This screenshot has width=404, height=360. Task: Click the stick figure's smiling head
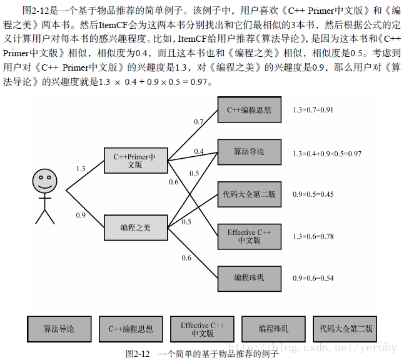tap(44, 181)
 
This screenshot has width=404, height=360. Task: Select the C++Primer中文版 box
tap(135, 161)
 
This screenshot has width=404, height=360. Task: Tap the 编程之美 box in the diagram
tap(135, 227)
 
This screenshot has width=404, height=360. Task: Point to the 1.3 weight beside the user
tap(81, 169)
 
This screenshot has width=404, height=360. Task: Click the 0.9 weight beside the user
tap(81, 216)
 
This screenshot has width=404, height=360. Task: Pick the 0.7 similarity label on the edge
tap(199, 122)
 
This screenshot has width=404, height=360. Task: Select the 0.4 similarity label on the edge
tap(199, 152)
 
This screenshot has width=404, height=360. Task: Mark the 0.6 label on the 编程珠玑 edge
tap(186, 258)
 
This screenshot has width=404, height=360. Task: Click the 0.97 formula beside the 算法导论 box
tap(327, 153)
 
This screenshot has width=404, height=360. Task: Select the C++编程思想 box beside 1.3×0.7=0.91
tap(249, 110)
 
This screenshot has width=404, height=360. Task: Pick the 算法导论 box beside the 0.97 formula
tap(249, 152)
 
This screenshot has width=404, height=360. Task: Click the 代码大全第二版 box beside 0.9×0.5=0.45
tap(249, 194)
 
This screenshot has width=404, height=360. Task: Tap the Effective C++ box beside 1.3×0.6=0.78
tap(249, 236)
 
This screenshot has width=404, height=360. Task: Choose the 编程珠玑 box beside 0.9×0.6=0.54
tap(249, 277)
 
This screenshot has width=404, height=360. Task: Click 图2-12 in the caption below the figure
tap(138, 354)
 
